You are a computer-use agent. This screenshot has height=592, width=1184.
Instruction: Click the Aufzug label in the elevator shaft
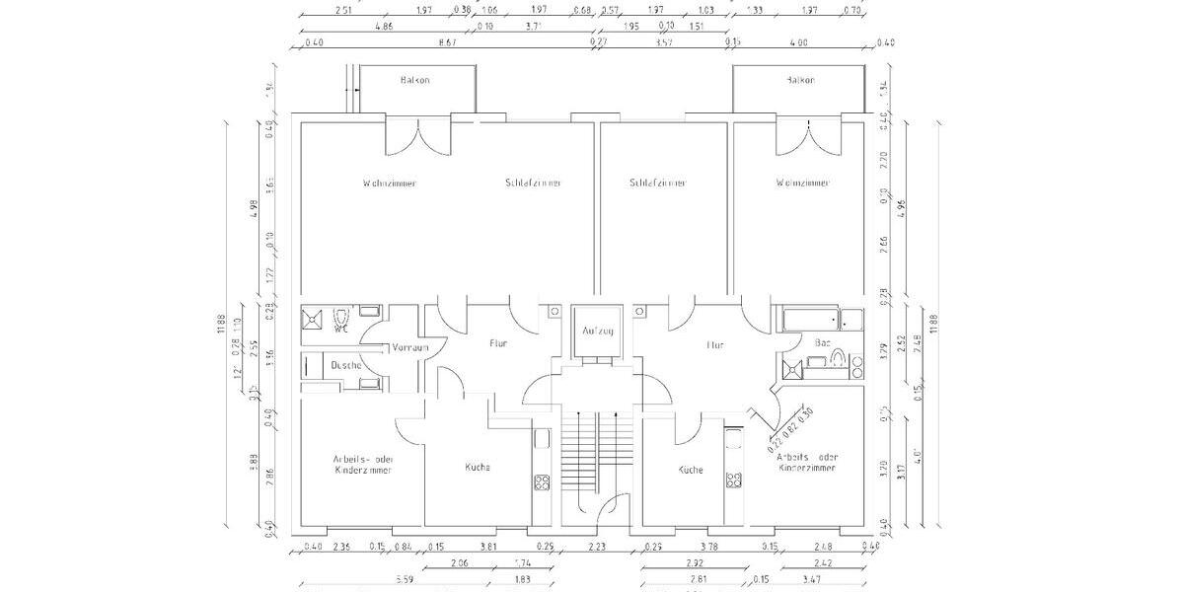598,331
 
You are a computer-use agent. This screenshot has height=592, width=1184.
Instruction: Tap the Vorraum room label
408,348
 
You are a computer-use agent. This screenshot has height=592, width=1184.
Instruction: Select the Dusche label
345,365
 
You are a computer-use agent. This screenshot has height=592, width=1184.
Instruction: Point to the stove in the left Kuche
542,482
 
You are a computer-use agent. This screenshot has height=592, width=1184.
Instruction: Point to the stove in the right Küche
733,481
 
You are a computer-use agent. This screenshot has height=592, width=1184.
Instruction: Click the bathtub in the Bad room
810,319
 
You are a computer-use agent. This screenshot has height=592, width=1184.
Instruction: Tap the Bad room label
822,343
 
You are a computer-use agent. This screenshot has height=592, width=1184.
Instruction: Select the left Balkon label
415,79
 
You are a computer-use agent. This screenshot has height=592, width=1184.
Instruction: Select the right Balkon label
801,79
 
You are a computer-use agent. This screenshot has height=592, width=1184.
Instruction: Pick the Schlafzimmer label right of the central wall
658,184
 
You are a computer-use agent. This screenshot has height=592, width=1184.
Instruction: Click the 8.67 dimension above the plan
446,42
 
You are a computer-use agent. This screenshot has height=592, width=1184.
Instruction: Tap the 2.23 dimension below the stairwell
598,547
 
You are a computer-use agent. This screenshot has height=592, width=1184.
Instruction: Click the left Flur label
498,345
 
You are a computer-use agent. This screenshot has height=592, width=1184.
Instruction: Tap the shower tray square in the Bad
791,370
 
